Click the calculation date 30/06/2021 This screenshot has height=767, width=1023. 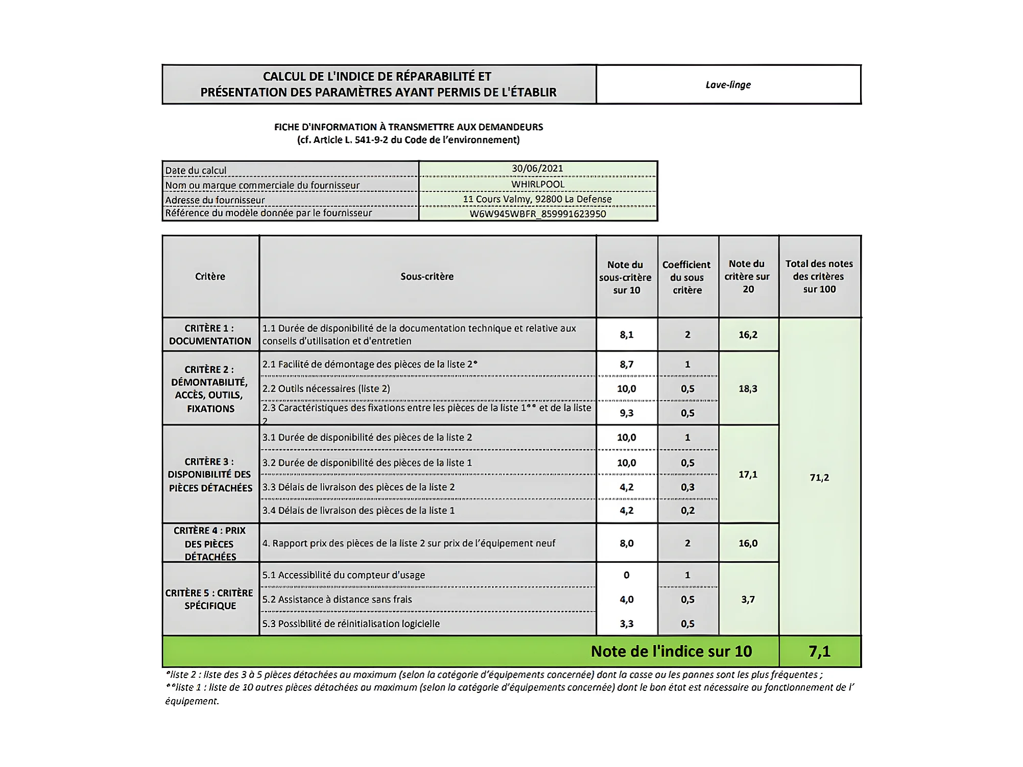pyautogui.click(x=537, y=169)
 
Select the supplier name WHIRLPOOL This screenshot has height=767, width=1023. pyautogui.click(x=538, y=184)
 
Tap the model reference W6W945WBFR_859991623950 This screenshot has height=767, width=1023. pyautogui.click(x=538, y=214)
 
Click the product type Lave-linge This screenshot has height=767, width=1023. pyautogui.click(x=728, y=85)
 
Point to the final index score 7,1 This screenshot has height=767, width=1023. pyautogui.click(x=819, y=652)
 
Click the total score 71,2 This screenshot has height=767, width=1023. pyautogui.click(x=819, y=477)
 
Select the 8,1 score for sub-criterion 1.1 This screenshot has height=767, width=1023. pyautogui.click(x=626, y=335)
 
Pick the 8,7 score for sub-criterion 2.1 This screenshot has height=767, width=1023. pyautogui.click(x=626, y=365)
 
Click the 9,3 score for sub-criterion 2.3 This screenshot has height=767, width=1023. pyautogui.click(x=626, y=413)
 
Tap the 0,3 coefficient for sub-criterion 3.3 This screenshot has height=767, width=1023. pyautogui.click(x=687, y=487)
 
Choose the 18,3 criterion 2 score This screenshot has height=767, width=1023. pyautogui.click(x=748, y=389)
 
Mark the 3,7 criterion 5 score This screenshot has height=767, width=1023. pyautogui.click(x=748, y=600)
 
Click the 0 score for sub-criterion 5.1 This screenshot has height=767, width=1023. pyautogui.click(x=626, y=576)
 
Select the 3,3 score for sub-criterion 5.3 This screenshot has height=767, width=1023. pyautogui.click(x=626, y=624)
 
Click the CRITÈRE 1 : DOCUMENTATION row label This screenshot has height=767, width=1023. pyautogui.click(x=210, y=335)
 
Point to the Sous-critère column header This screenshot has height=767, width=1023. pyautogui.click(x=427, y=277)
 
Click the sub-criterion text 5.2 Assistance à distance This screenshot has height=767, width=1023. pyautogui.click(x=337, y=600)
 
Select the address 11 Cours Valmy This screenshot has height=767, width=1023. pyautogui.click(x=537, y=199)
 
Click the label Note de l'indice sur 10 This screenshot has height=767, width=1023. pyautogui.click(x=671, y=652)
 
